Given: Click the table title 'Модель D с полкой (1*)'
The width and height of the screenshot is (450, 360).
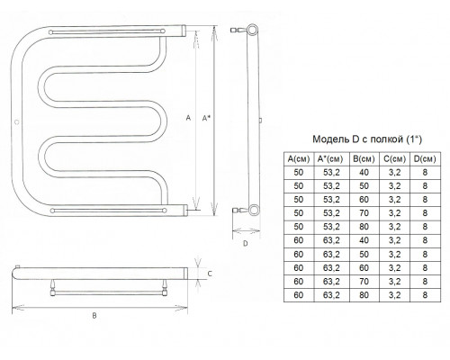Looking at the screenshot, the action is coord(367,139).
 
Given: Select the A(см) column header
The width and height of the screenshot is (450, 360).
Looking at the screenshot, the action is coord(299,159).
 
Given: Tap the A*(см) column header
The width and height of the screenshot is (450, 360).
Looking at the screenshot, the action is coord(331,159).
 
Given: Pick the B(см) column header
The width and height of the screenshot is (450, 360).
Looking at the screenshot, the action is coord(364,159).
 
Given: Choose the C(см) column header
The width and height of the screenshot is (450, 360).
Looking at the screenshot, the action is coord(394,159).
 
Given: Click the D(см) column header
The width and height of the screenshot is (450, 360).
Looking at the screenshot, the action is coord(425,159).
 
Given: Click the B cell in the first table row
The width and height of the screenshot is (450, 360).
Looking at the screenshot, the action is coord(364,173).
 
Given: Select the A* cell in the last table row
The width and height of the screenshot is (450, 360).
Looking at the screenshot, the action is coord(331,295).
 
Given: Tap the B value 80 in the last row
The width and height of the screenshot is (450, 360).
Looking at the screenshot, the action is coord(364,295).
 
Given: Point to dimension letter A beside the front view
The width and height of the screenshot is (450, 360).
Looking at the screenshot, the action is coord(188,118).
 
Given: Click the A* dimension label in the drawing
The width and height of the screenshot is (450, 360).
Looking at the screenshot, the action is coord(206,118).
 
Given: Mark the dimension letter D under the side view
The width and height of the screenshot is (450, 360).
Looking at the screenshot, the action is coord(246,243).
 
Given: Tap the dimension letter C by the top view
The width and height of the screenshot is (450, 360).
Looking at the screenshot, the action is coord(210,274).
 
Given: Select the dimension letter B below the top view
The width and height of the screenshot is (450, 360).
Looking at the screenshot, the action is coord(94,316).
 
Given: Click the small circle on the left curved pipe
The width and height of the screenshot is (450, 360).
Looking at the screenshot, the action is coord(17,122).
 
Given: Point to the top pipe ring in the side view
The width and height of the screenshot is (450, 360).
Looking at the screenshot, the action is coord(253,30).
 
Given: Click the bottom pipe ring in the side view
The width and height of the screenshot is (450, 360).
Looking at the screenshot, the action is coord(254,210).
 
